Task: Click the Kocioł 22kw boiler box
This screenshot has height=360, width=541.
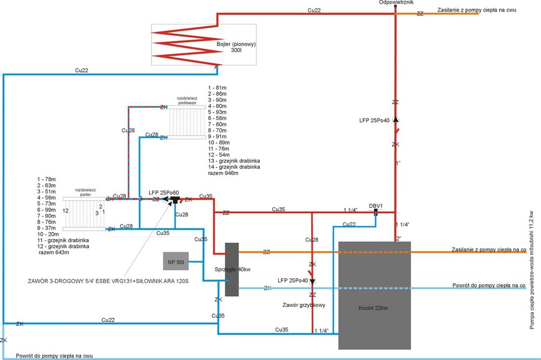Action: tap(374, 295)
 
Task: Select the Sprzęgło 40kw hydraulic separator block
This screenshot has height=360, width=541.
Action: tap(232, 269)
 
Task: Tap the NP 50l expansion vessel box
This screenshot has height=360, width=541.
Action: tap(176, 262)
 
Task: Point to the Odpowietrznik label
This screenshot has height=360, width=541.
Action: tap(397, 3)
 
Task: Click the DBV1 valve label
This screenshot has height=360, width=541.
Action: tap(376, 205)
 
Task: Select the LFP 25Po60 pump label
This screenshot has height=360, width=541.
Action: tap(163, 192)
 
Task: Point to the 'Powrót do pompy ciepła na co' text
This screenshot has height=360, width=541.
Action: tap(489, 284)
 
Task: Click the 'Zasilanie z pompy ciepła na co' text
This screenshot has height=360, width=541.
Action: tap(489, 249)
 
